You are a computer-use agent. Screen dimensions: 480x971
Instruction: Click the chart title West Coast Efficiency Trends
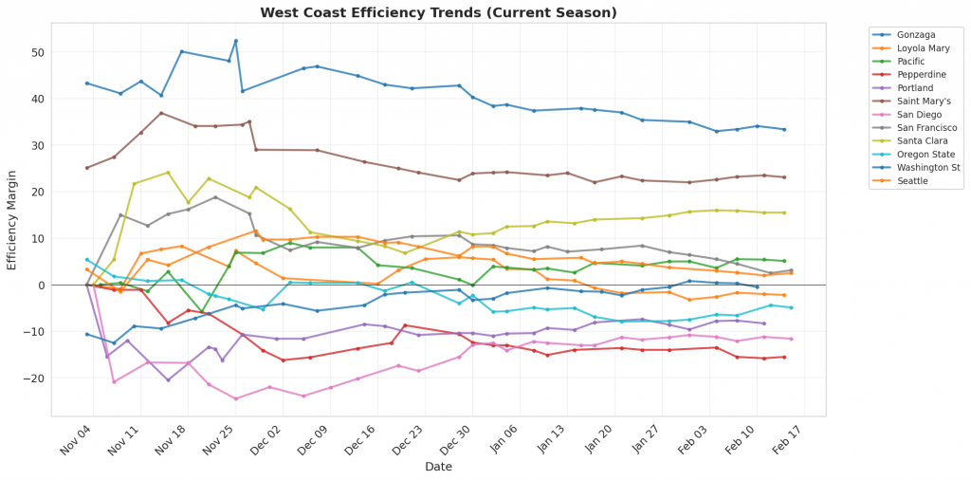pos(439,12)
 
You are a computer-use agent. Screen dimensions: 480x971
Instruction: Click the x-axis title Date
pos(438,467)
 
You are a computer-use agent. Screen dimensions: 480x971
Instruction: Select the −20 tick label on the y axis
pos(34,378)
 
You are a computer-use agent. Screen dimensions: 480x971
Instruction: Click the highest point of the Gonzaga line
pos(235,41)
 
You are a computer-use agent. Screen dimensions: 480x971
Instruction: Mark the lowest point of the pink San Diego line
pos(235,398)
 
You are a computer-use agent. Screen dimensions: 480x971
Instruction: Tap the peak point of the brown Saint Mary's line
pos(161,113)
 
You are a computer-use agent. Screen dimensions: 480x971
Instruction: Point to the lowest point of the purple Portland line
pos(168,380)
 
